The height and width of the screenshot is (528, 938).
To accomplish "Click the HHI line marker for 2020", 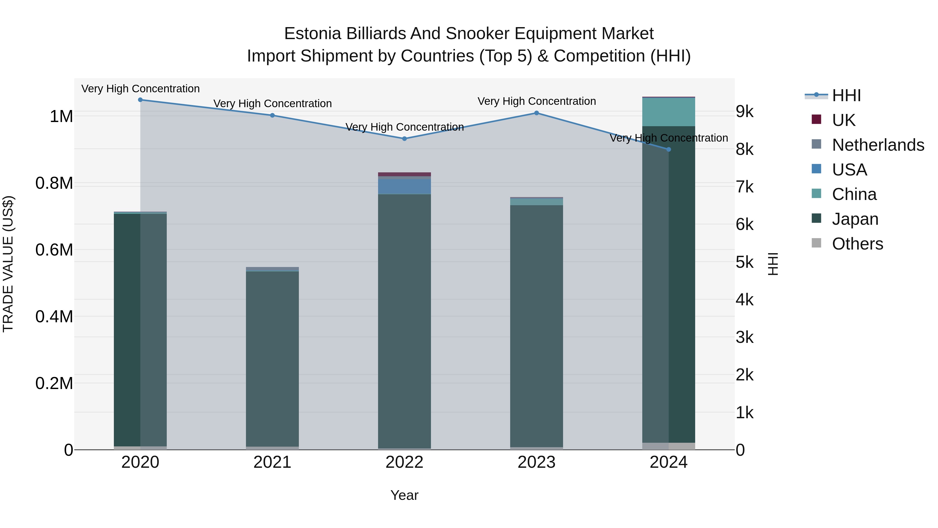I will tap(140, 100).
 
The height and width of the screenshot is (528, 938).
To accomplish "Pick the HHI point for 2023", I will tap(536, 113).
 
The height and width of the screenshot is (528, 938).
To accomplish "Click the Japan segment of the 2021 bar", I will tap(272, 357).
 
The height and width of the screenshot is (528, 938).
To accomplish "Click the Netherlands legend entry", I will tap(878, 145).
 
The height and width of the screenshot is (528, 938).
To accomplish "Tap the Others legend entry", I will tap(857, 244).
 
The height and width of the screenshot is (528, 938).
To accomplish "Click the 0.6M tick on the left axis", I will tap(54, 250).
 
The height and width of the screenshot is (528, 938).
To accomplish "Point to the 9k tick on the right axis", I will tap(744, 112).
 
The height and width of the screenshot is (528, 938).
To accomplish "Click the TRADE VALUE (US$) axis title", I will tap(8, 264).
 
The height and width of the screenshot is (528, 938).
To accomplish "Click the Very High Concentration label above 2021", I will tap(272, 104).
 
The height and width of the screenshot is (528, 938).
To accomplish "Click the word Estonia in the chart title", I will tap(312, 34).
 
